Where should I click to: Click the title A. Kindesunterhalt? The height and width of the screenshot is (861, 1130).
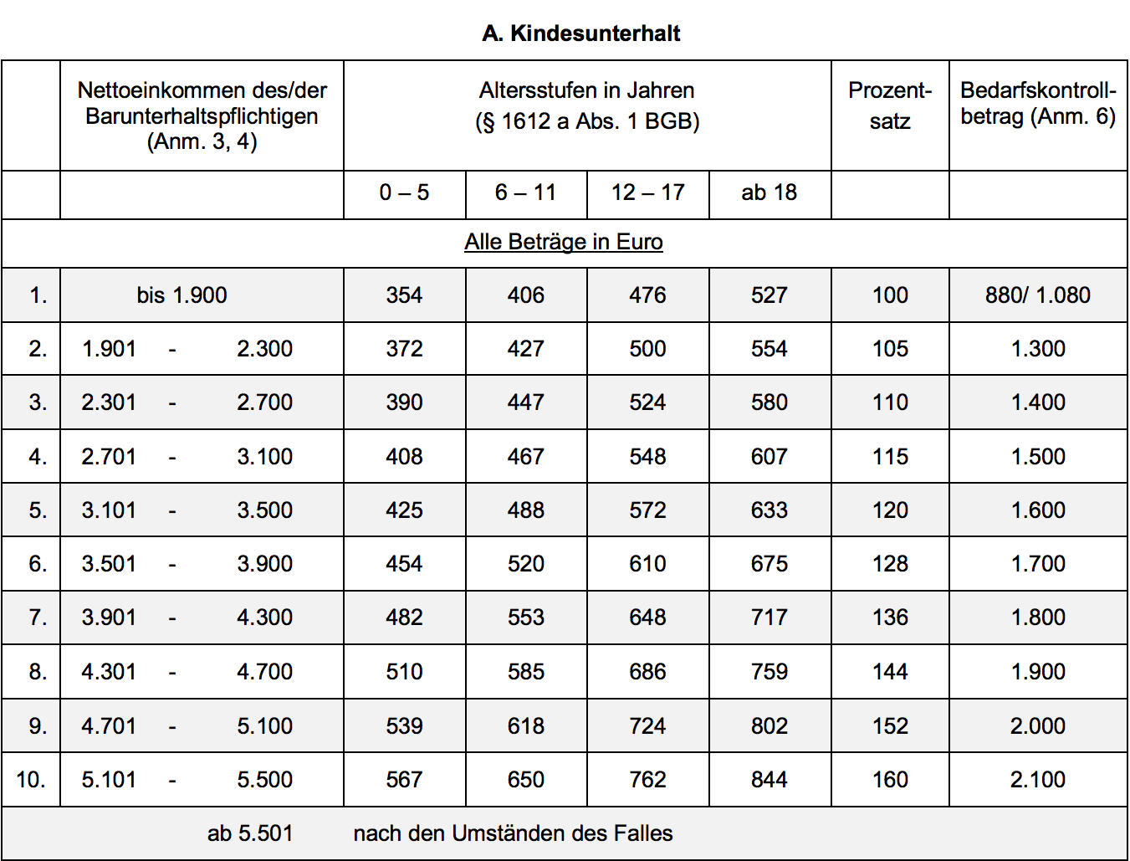tap(581, 33)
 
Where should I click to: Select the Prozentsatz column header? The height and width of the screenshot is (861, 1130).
tap(890, 105)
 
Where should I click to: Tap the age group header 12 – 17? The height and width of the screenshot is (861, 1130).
tap(648, 192)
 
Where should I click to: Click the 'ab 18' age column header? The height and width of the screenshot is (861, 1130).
tap(769, 192)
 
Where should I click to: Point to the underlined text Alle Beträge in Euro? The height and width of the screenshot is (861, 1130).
tap(564, 242)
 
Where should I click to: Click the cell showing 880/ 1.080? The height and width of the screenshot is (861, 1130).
tap(1037, 295)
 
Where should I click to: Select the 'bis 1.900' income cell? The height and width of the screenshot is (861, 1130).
tap(182, 295)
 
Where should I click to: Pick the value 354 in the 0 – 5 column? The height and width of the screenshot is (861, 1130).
tap(404, 295)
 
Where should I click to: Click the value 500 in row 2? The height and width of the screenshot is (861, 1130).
tap(647, 349)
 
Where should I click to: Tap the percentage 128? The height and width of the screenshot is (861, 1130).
tap(890, 564)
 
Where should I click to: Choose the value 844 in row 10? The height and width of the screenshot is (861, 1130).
tap(769, 780)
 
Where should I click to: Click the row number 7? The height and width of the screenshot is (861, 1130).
tap(38, 618)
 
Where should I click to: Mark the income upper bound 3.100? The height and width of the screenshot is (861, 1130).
tap(264, 457)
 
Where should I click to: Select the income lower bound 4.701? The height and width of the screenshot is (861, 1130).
tap(109, 725)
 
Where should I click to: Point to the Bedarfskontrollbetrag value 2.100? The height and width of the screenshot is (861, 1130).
tap(1037, 780)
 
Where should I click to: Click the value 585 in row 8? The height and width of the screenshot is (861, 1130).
tap(525, 672)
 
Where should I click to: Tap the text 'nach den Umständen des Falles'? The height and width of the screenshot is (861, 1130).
tap(513, 833)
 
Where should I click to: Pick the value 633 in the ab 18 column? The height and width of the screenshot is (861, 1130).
tap(769, 510)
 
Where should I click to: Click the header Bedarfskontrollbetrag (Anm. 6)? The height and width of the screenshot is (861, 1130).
tap(1037, 103)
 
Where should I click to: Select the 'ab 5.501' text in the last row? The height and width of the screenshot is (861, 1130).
tap(250, 833)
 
